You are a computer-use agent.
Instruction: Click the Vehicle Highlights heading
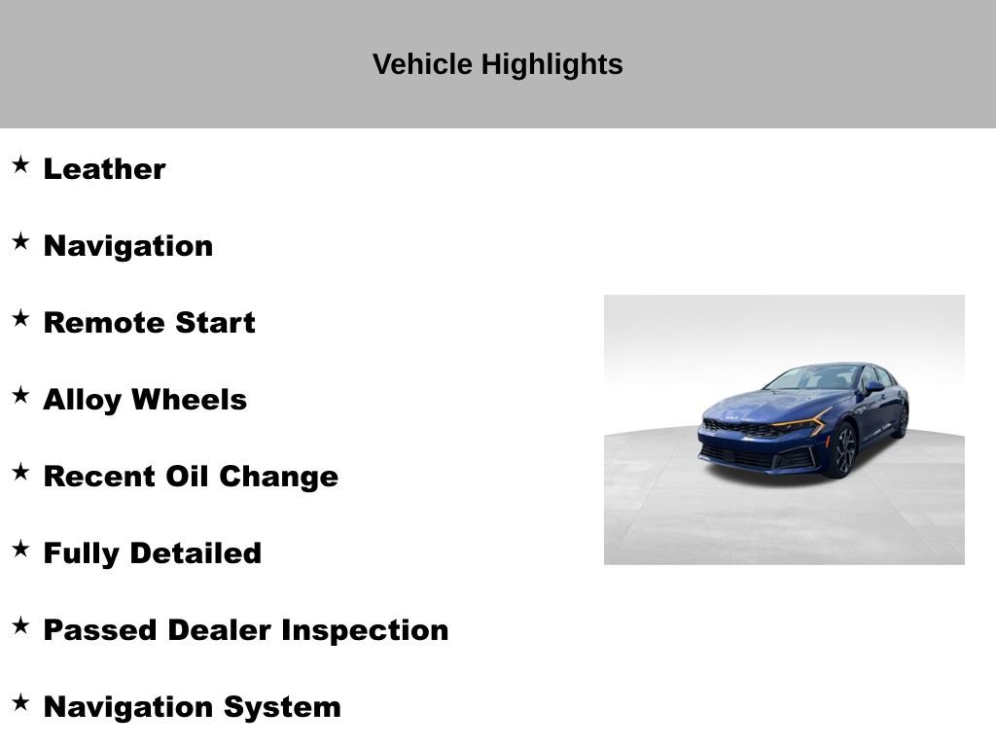497,64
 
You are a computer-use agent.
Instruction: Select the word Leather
104,168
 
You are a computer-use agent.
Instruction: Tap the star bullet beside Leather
20,164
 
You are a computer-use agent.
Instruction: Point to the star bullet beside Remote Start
20,318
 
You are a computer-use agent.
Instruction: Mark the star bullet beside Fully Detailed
20,549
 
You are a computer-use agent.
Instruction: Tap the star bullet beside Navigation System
20,702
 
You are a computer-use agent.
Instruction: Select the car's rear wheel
902,421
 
